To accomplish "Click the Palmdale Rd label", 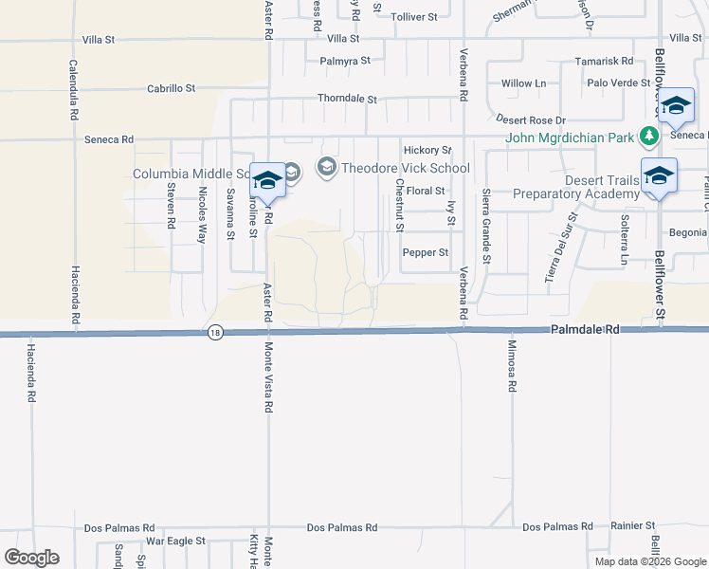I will point(584,329).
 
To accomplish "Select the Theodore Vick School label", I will point(406,168).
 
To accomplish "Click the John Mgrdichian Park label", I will point(570,138).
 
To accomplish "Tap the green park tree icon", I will point(648,137).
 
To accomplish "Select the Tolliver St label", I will point(414,16).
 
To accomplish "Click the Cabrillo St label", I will point(171,87).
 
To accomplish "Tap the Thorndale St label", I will point(347,99).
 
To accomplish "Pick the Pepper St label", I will point(425,252).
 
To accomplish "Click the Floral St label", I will point(426,191).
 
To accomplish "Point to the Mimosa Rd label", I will point(511,366).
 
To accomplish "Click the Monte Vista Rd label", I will point(268,377).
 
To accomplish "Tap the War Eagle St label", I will point(174,541).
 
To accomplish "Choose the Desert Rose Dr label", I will point(531,120).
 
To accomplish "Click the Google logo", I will point(31,558).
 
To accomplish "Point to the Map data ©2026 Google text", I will point(650,561).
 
